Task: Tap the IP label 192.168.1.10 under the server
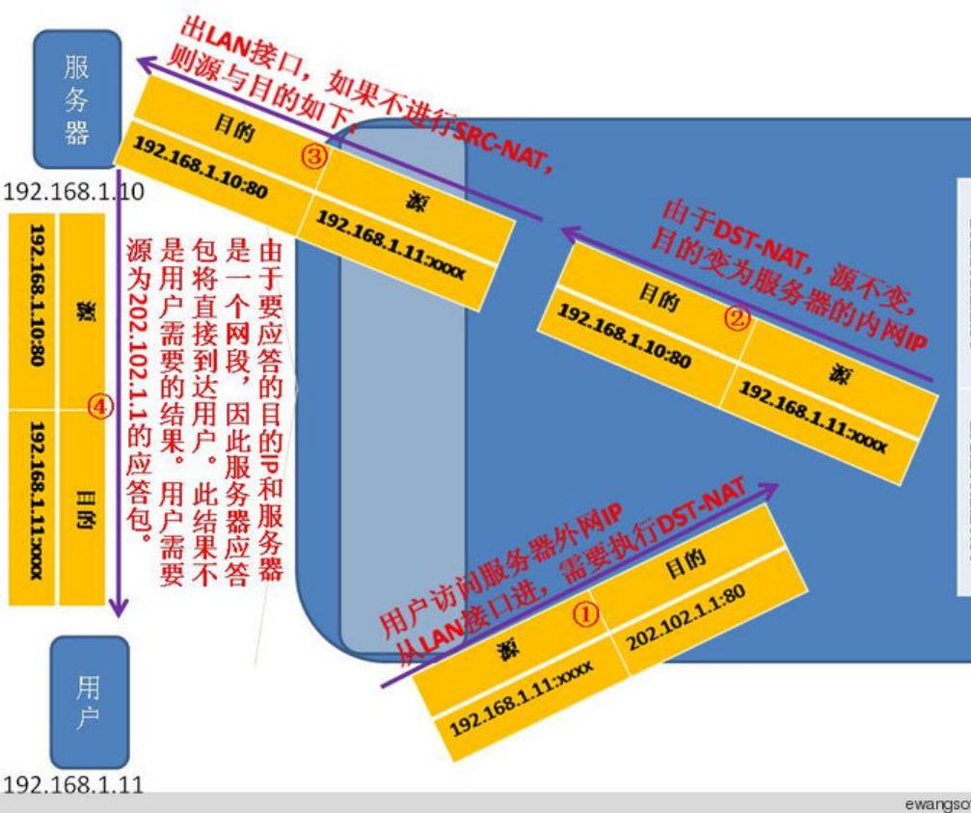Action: pos(73,193)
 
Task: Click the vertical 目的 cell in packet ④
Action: pos(81,506)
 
